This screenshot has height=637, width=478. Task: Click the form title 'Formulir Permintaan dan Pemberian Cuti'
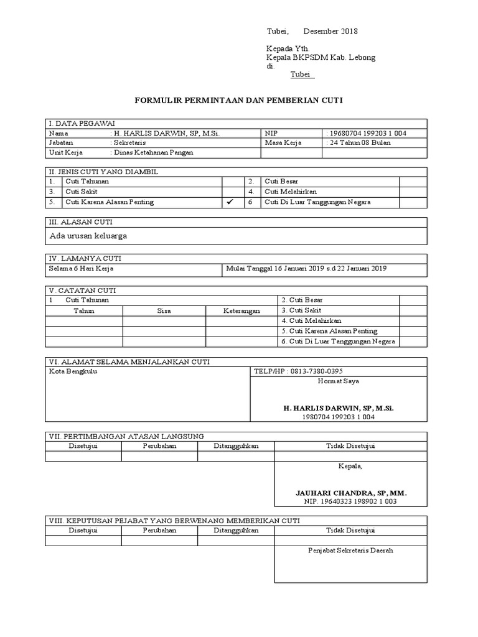point(240,100)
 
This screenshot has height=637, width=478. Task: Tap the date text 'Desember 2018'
point(330,32)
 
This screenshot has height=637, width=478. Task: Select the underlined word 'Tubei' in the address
point(303,75)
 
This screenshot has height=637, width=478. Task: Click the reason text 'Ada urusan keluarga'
point(88,236)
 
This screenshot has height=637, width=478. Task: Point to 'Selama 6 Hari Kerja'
point(81,269)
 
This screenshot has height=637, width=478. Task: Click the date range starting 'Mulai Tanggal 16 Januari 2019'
point(306,269)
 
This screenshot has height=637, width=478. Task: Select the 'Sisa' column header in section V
point(164,310)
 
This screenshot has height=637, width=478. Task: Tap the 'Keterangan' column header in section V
point(241,310)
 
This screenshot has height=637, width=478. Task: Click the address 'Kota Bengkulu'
point(73,371)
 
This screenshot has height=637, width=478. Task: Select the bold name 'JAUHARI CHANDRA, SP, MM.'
point(351,492)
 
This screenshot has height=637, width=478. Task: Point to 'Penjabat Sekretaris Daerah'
point(350,551)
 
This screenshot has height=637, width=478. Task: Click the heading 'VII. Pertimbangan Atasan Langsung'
point(126,436)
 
